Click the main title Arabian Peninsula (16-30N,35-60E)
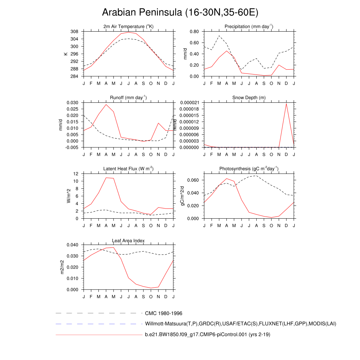pyautogui.click(x=180, y=13)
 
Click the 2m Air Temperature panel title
pyautogui.click(x=128, y=27)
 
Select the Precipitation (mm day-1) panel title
pyautogui.click(x=249, y=27)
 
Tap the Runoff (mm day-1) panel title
pyautogui.click(x=128, y=97)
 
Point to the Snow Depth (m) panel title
pyautogui.click(x=249, y=97)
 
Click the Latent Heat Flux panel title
pyautogui.click(x=128, y=169)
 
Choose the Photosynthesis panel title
pyautogui.click(x=249, y=169)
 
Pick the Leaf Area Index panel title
pyautogui.click(x=128, y=240)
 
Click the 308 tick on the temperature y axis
pyautogui.click(x=74, y=32)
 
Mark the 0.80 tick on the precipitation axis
pyautogui.click(x=194, y=32)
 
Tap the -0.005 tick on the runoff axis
pyautogui.click(x=72, y=148)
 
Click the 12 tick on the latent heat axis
pyautogui.click(x=76, y=174)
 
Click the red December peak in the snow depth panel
pyautogui.click(x=286, y=103)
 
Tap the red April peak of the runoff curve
pyautogui.click(x=106, y=104)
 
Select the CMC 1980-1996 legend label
pyautogui.click(x=163, y=313)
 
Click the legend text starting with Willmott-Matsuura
pyautogui.click(x=240, y=323)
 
